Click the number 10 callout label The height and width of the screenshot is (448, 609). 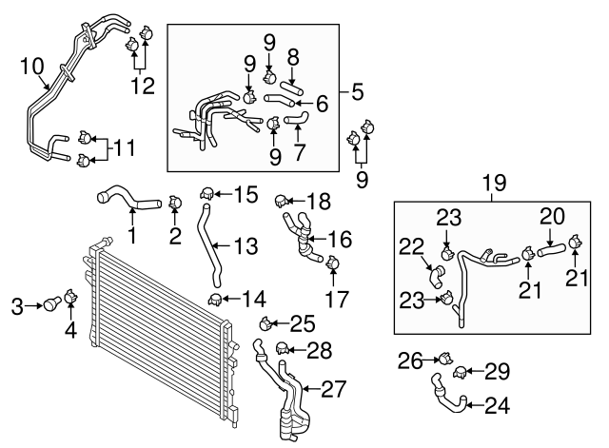pos(30,66)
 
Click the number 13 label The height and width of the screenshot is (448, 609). pos(246,246)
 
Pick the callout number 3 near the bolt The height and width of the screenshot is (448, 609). pos(16,306)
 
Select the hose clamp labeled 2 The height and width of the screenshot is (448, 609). pos(174,202)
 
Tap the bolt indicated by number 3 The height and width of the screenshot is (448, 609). pos(51,305)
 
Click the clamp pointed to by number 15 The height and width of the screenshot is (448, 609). pos(206,196)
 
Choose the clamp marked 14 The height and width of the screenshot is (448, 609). pos(216,302)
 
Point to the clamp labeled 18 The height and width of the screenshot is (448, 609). pos(282,201)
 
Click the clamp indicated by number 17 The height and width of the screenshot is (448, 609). pos(332,263)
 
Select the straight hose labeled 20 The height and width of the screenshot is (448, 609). pos(552,251)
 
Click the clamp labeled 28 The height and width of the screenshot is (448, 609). pos(281,349)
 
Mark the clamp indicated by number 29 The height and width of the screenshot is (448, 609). pos(461,371)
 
